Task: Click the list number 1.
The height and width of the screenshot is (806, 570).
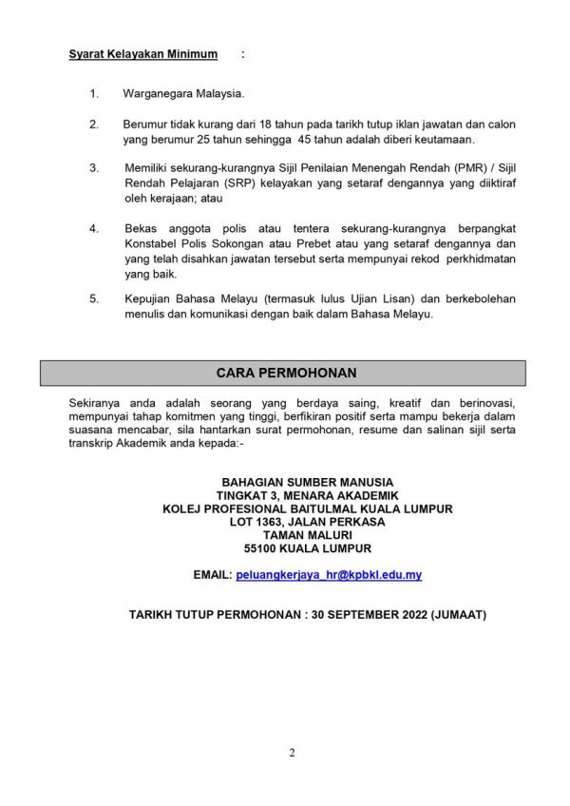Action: coord(93,95)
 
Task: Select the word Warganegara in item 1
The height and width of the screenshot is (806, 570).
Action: coord(157,95)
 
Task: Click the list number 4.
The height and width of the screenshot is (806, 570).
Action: coord(93,229)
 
